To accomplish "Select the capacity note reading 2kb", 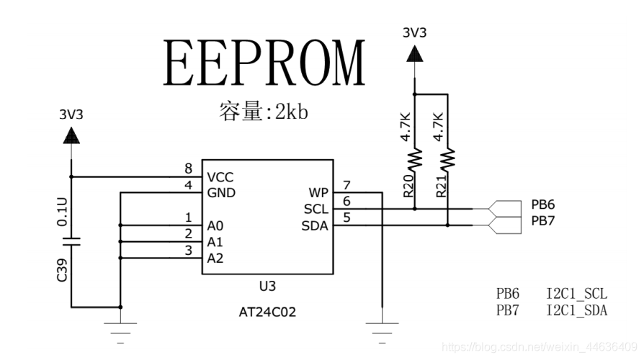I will click(264, 112).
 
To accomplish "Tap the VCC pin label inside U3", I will click(220, 177).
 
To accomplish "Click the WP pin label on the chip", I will click(318, 193).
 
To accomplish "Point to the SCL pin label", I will click(316, 209).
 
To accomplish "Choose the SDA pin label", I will click(315, 225).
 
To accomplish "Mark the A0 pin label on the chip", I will click(215, 225).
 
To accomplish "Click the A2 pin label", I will click(215, 258).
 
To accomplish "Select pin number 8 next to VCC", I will click(189, 169).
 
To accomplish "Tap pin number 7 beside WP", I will click(346, 185).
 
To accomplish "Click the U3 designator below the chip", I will click(267, 286).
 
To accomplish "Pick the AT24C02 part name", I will click(267, 312).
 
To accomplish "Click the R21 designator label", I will click(441, 188).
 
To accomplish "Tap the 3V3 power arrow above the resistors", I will click(414, 53).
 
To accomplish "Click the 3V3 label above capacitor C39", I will click(71, 114).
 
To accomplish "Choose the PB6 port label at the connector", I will click(542, 204).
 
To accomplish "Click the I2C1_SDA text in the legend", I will click(576, 310).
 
